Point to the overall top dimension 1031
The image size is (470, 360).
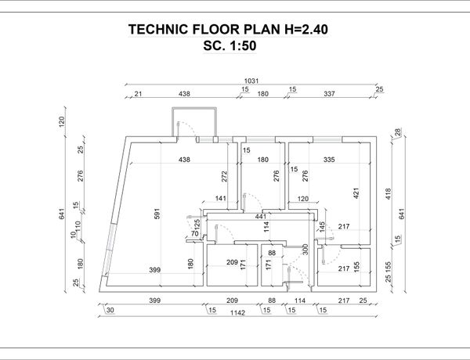tap(251, 81)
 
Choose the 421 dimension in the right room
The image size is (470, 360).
tap(355, 191)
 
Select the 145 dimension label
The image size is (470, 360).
tap(321, 226)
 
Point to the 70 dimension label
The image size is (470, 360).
tap(193, 233)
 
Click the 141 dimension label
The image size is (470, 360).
tap(221, 199)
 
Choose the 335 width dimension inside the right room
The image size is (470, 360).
tap(329, 160)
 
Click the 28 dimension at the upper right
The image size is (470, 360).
tap(397, 131)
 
